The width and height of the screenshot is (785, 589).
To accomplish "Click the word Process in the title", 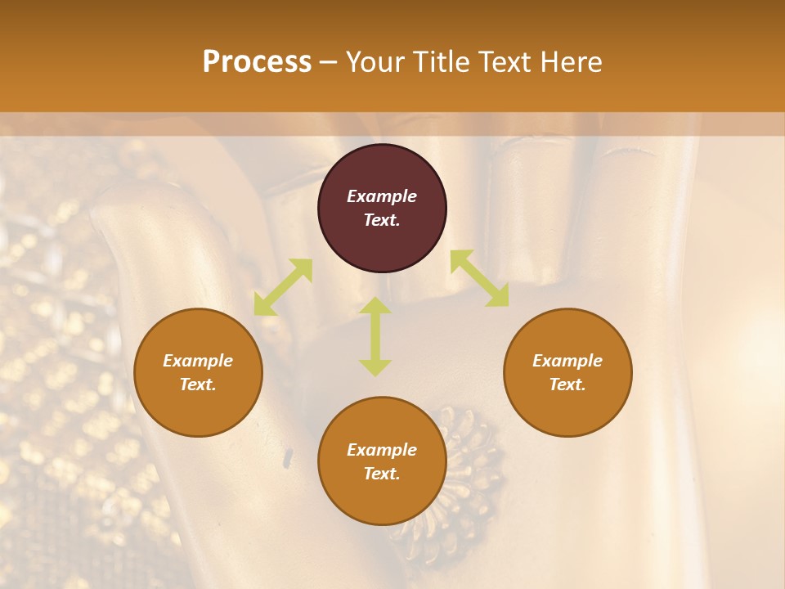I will pyautogui.click(x=257, y=62).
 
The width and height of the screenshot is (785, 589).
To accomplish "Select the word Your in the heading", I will pyautogui.click(x=374, y=62).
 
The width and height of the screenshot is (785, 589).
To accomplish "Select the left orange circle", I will pyautogui.click(x=198, y=409).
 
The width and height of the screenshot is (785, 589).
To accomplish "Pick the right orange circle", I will pyautogui.click(x=567, y=409).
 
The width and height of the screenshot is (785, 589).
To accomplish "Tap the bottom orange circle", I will pyautogui.click(x=382, y=499).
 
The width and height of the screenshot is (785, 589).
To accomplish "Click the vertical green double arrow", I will pyautogui.click(x=375, y=336).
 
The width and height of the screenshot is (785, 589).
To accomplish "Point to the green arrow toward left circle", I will pyautogui.click(x=283, y=287).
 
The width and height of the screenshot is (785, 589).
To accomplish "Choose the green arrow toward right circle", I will pyautogui.click(x=479, y=278).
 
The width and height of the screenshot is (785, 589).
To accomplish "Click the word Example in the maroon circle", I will pyautogui.click(x=382, y=196).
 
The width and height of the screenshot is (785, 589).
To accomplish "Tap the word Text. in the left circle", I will pyautogui.click(x=198, y=384).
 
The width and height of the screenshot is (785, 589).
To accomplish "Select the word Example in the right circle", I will pyautogui.click(x=567, y=361).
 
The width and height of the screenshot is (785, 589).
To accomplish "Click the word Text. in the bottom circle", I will pyautogui.click(x=382, y=474).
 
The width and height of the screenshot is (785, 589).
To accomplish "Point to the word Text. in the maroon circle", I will pyautogui.click(x=382, y=220).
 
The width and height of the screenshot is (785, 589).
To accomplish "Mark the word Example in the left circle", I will pyautogui.click(x=198, y=361).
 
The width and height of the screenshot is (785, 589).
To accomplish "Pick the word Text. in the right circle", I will pyautogui.click(x=567, y=384).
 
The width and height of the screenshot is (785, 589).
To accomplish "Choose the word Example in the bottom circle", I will pyautogui.click(x=382, y=450).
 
